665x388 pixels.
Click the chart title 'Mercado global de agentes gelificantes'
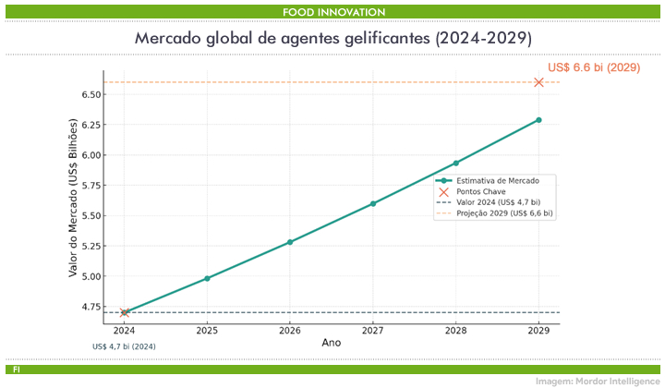pyautogui.click(x=332, y=39)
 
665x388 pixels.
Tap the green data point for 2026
pyautogui.click(x=290, y=242)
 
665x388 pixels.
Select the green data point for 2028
pyautogui.click(x=456, y=163)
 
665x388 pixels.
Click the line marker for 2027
pyautogui.click(x=373, y=203)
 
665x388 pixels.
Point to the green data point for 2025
pyautogui.click(x=207, y=278)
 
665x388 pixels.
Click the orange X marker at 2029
pyautogui.click(x=539, y=82)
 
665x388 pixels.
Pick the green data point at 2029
pyautogui.click(x=539, y=120)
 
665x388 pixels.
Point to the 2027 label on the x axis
pyautogui.click(x=373, y=330)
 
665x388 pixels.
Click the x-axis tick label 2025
pyautogui.click(x=207, y=330)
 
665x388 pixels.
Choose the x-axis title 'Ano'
pyautogui.click(x=332, y=342)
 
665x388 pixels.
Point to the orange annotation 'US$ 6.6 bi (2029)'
pyautogui.click(x=594, y=67)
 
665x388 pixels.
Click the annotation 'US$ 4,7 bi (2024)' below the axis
pyautogui.click(x=124, y=346)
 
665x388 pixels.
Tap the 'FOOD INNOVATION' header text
pyautogui.click(x=332, y=11)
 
